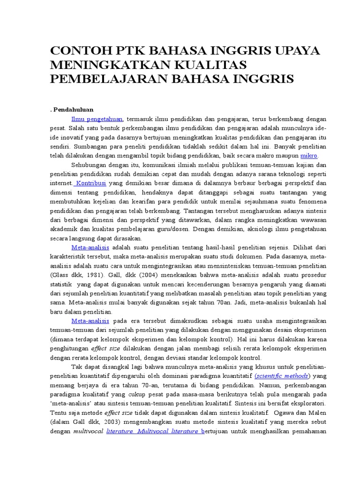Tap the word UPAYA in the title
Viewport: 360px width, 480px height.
point(294,51)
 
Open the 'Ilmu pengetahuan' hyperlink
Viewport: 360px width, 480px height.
point(97,120)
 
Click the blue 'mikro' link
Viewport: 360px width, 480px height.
point(309,155)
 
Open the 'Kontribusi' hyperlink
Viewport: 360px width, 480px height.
point(91,182)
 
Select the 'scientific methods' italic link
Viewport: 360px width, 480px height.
point(281,376)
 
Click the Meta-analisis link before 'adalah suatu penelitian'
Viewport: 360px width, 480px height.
point(90,247)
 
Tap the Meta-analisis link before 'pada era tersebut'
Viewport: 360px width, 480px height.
point(90,321)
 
